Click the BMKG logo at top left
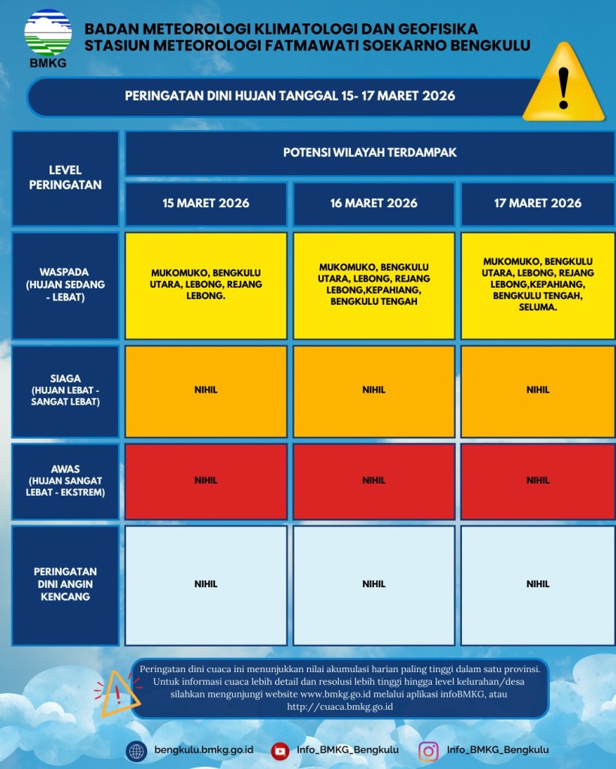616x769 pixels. click(x=48, y=37)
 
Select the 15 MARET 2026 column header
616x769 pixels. click(x=206, y=203)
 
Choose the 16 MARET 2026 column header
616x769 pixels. click(x=373, y=203)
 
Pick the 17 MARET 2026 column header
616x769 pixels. click(x=538, y=203)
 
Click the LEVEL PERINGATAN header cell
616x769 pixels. click(x=65, y=178)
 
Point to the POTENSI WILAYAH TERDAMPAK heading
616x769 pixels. click(x=370, y=152)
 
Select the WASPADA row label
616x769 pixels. click(x=65, y=285)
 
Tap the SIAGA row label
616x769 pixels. click(x=65, y=391)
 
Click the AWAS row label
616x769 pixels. click(x=65, y=481)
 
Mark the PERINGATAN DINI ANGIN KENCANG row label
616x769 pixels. click(x=65, y=584)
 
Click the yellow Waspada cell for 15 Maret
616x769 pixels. click(x=206, y=285)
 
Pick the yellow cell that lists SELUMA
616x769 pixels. click(x=538, y=285)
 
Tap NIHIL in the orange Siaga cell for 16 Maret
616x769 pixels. click(x=373, y=390)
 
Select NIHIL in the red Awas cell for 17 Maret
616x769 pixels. click(x=538, y=480)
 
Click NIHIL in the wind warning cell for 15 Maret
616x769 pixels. click(x=206, y=584)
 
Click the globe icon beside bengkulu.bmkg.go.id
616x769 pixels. click(x=137, y=750)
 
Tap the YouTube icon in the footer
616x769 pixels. click(x=280, y=750)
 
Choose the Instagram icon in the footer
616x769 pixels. click(x=429, y=750)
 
